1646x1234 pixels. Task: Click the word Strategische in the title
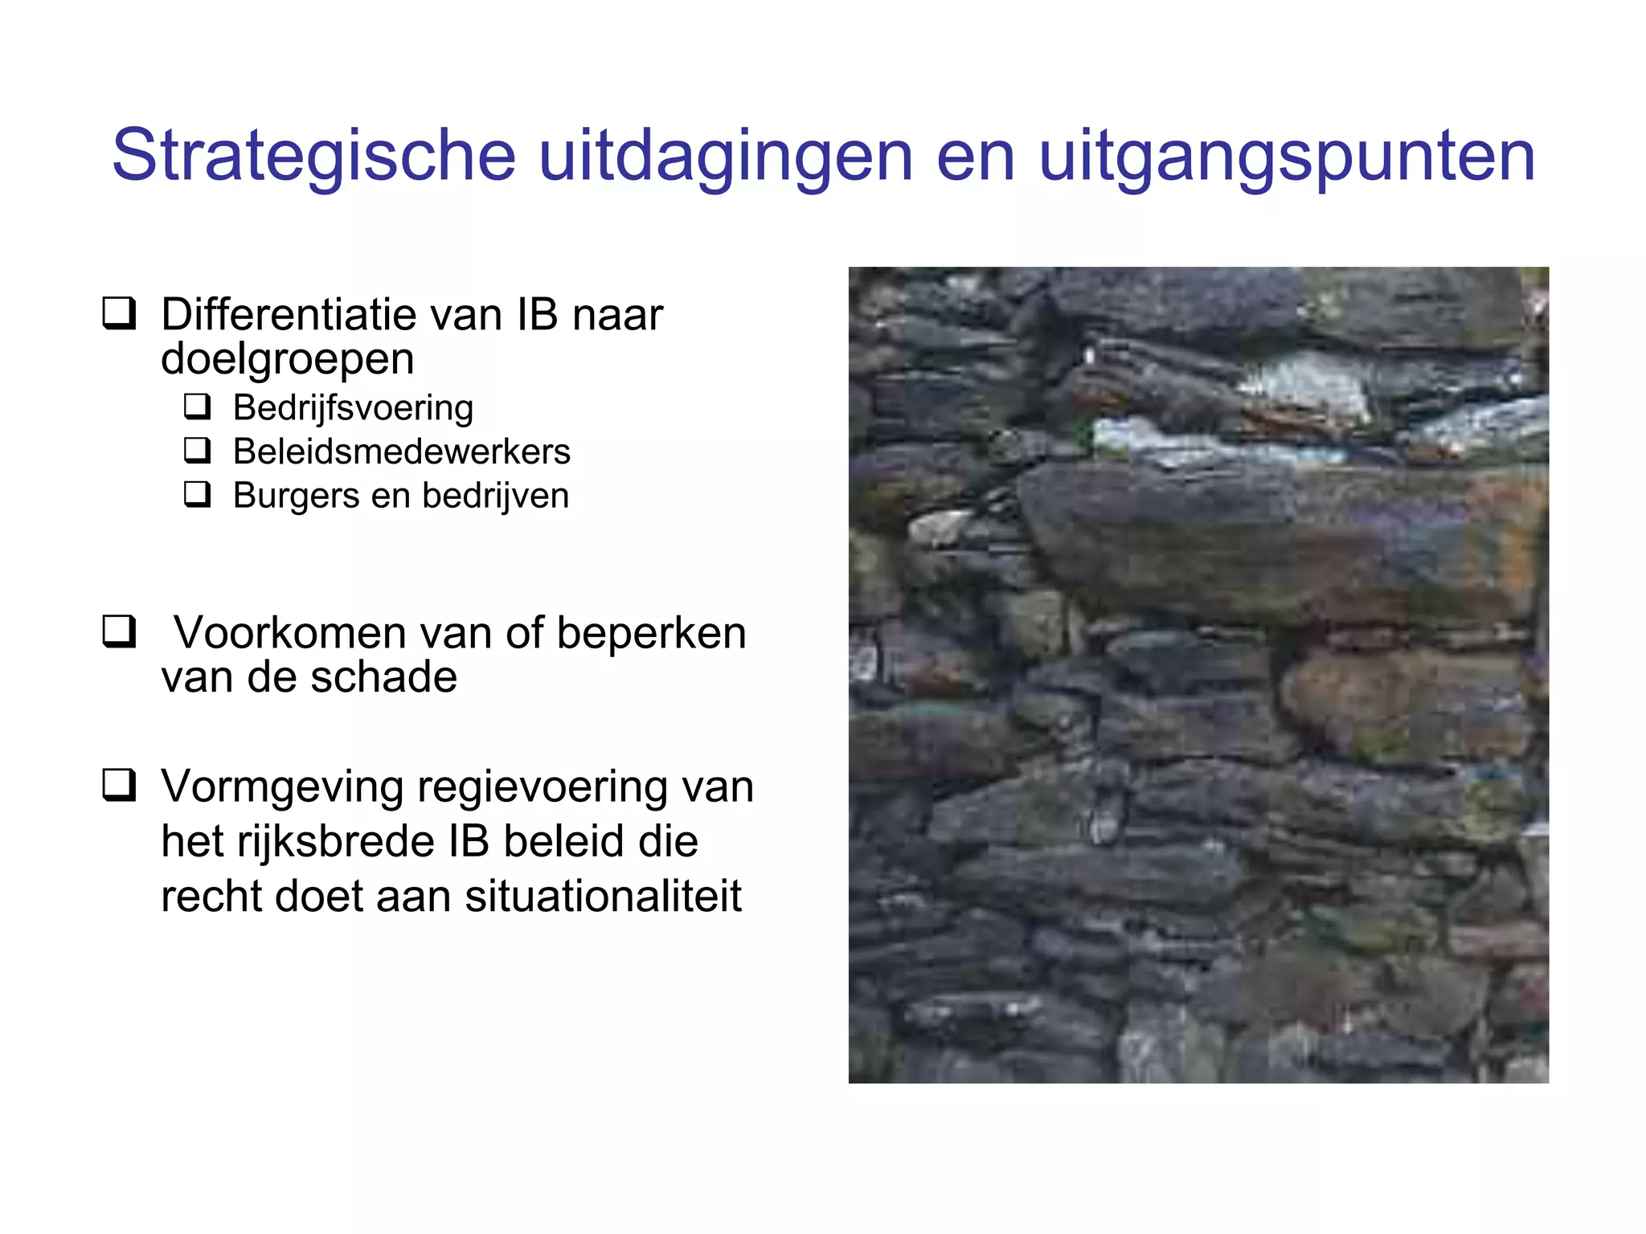(x=313, y=157)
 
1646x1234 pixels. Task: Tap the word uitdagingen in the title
(x=725, y=157)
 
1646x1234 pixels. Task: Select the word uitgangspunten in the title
(x=1286, y=157)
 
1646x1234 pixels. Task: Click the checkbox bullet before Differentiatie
(x=118, y=313)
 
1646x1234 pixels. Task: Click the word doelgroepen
(x=287, y=358)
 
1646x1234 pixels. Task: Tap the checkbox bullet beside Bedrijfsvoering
(x=197, y=407)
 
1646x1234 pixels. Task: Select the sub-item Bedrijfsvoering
(x=353, y=408)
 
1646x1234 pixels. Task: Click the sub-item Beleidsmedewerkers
(x=401, y=452)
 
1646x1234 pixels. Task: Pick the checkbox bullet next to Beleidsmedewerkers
(x=197, y=450)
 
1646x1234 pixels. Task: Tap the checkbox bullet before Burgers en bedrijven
(x=197, y=494)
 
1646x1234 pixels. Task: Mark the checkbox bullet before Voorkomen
(x=118, y=631)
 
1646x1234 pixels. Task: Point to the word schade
(x=383, y=676)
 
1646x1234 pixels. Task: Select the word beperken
(x=651, y=633)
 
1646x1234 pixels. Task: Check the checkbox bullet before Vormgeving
(x=118, y=784)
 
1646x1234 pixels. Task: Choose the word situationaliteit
(x=603, y=896)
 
